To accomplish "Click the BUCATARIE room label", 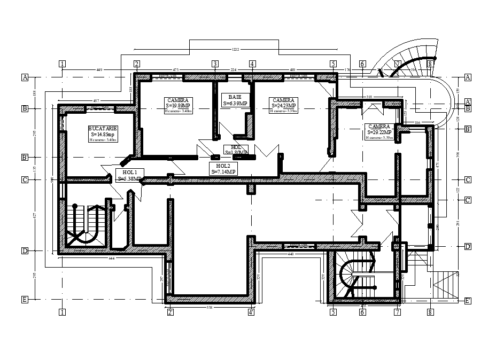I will pyautogui.click(x=104, y=129).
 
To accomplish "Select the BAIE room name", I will pyautogui.click(x=235, y=97).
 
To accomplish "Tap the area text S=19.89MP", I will pyautogui.click(x=178, y=106).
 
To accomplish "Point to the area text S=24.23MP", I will pyautogui.click(x=283, y=106).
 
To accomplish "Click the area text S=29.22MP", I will pyautogui.click(x=379, y=132).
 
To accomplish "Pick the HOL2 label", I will pyautogui.click(x=223, y=166).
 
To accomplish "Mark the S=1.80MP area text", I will pyautogui.click(x=236, y=152).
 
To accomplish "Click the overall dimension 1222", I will pyautogui.click(x=235, y=50).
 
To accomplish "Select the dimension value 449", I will pyautogui.click(x=99, y=69).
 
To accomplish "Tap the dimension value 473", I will pyautogui.click(x=175, y=69).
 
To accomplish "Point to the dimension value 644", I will pyautogui.click(x=111, y=259).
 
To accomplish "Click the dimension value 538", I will pyautogui.click(x=210, y=308).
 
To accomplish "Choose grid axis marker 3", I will pyautogui.click(x=215, y=64).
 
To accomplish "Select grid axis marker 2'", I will pyautogui.click(x=170, y=312).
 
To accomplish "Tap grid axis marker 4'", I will pyautogui.click(x=251, y=312).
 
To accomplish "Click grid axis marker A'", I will pyautogui.click(x=468, y=101).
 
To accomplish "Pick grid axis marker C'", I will pyautogui.click(x=468, y=200).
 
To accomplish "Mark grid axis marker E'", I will pyautogui.click(x=468, y=300).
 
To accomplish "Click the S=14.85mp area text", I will pyautogui.click(x=104, y=135).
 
